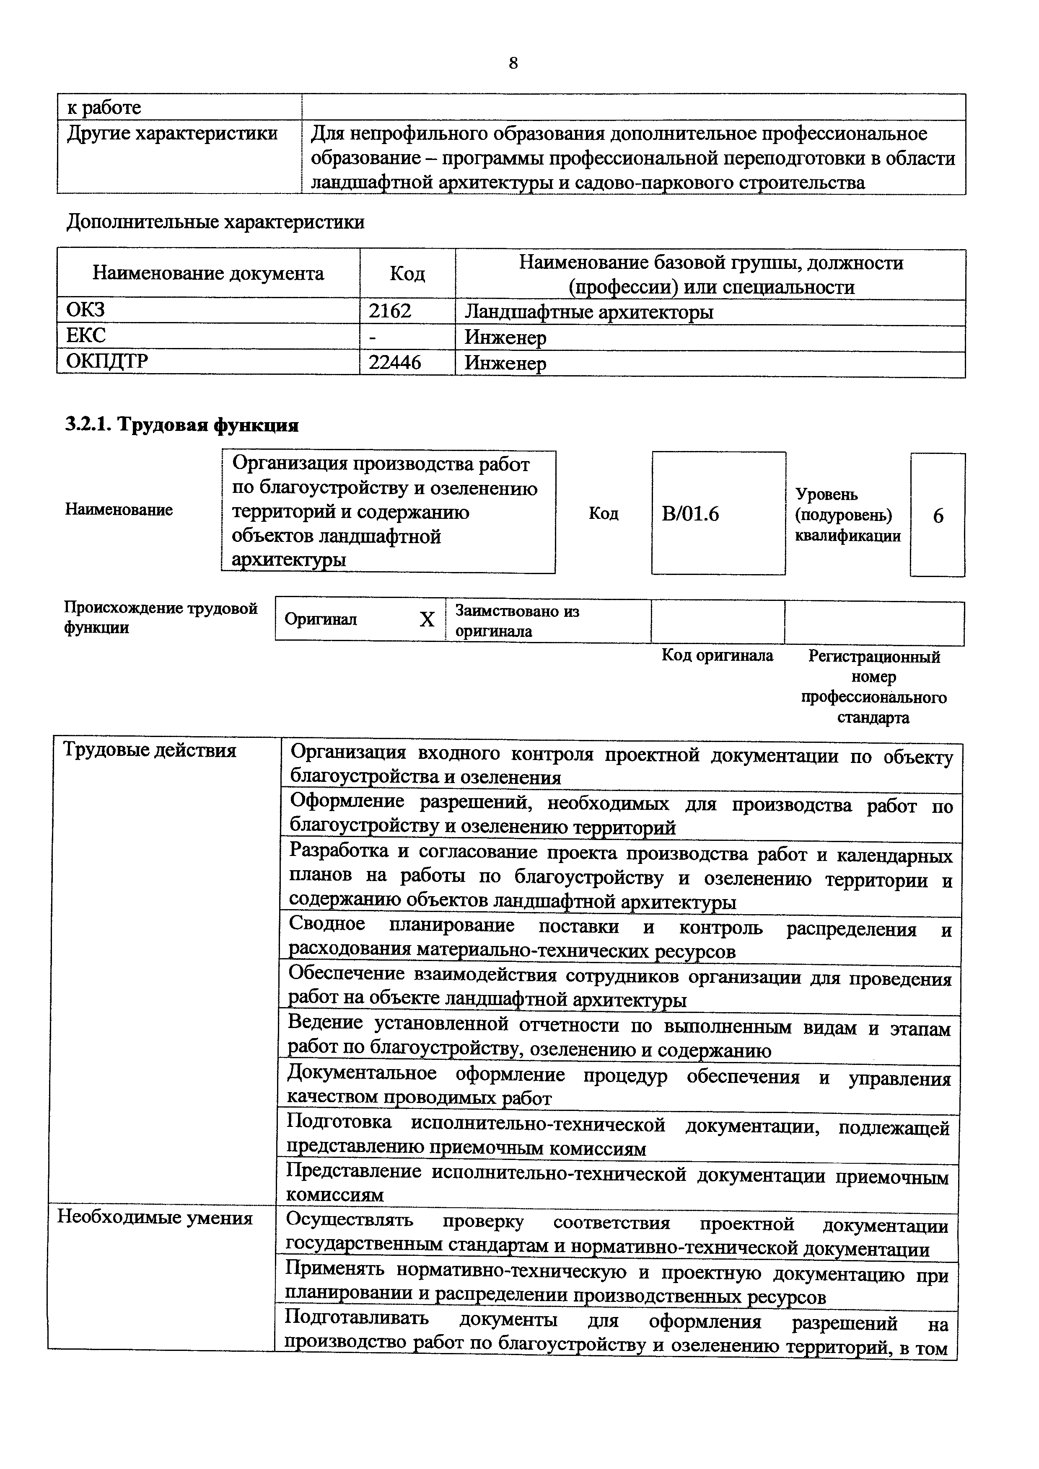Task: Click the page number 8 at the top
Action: coord(513,63)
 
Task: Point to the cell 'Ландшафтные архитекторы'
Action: coord(588,312)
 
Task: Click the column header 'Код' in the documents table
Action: coord(407,274)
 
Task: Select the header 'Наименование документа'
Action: coord(208,274)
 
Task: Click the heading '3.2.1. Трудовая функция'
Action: coord(182,425)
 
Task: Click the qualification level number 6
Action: coord(938,515)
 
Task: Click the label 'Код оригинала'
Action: coord(717,655)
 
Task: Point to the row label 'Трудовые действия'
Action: coord(150,750)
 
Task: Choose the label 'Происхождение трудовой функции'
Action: coord(161,617)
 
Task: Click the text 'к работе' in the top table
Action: coord(104,108)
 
